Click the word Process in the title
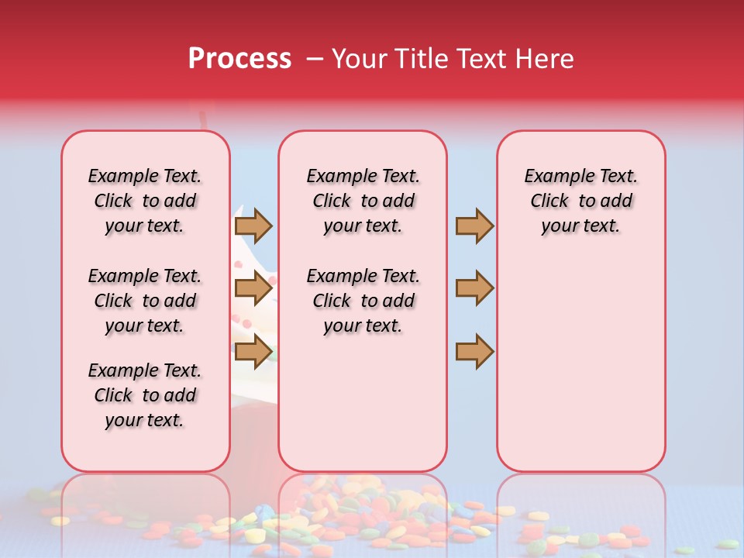pyautogui.click(x=239, y=59)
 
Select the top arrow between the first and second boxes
pyautogui.click(x=253, y=226)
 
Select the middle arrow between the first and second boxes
pyautogui.click(x=253, y=288)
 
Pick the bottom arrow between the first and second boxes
pyautogui.click(x=253, y=351)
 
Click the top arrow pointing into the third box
pyautogui.click(x=474, y=226)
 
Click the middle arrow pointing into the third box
pyautogui.click(x=474, y=288)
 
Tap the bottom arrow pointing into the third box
pyautogui.click(x=474, y=351)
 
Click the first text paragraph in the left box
pyautogui.click(x=145, y=201)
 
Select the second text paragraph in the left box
pyautogui.click(x=145, y=301)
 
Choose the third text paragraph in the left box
pyautogui.click(x=145, y=395)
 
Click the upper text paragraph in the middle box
pyautogui.click(x=363, y=201)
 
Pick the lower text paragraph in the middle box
pyautogui.click(x=363, y=301)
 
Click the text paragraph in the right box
pyautogui.click(x=580, y=201)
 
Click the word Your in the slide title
pyautogui.click(x=359, y=59)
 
